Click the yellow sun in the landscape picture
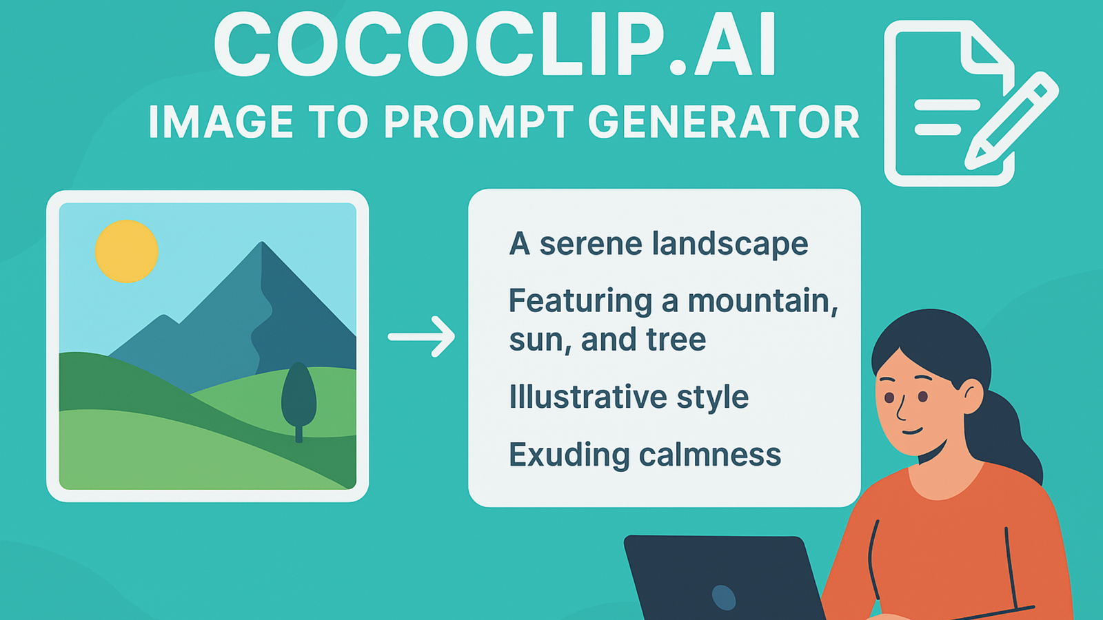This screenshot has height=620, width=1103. click(x=127, y=251)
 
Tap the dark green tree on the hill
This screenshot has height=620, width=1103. click(x=298, y=396)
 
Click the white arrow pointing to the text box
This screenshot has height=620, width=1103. click(x=421, y=336)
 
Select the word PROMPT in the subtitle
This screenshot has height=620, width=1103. click(x=477, y=123)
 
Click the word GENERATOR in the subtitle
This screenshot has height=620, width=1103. click(x=724, y=123)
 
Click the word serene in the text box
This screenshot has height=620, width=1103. click(x=590, y=244)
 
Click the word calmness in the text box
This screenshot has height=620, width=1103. click(x=710, y=455)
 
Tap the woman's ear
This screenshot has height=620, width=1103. click(x=972, y=397)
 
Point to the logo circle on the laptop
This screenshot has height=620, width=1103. click(x=723, y=597)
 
